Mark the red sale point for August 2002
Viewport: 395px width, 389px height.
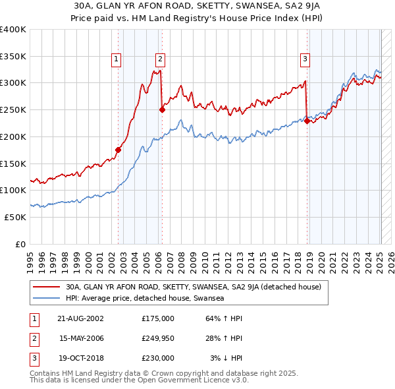118,150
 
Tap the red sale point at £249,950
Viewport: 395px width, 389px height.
162,110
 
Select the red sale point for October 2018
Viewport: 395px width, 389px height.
307,121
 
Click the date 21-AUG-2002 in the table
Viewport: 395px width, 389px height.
80,318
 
